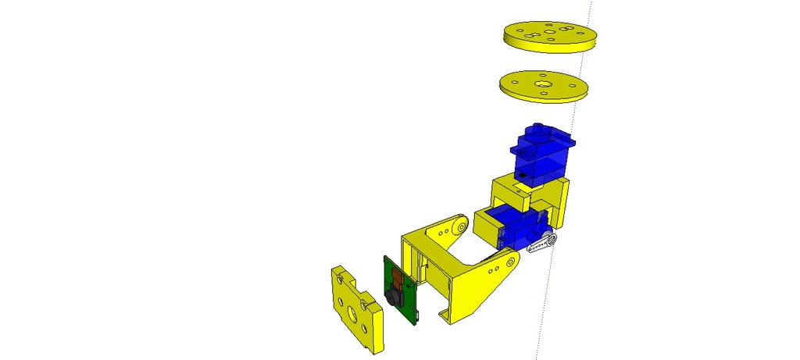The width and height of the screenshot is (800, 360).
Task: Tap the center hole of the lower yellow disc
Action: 542,81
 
